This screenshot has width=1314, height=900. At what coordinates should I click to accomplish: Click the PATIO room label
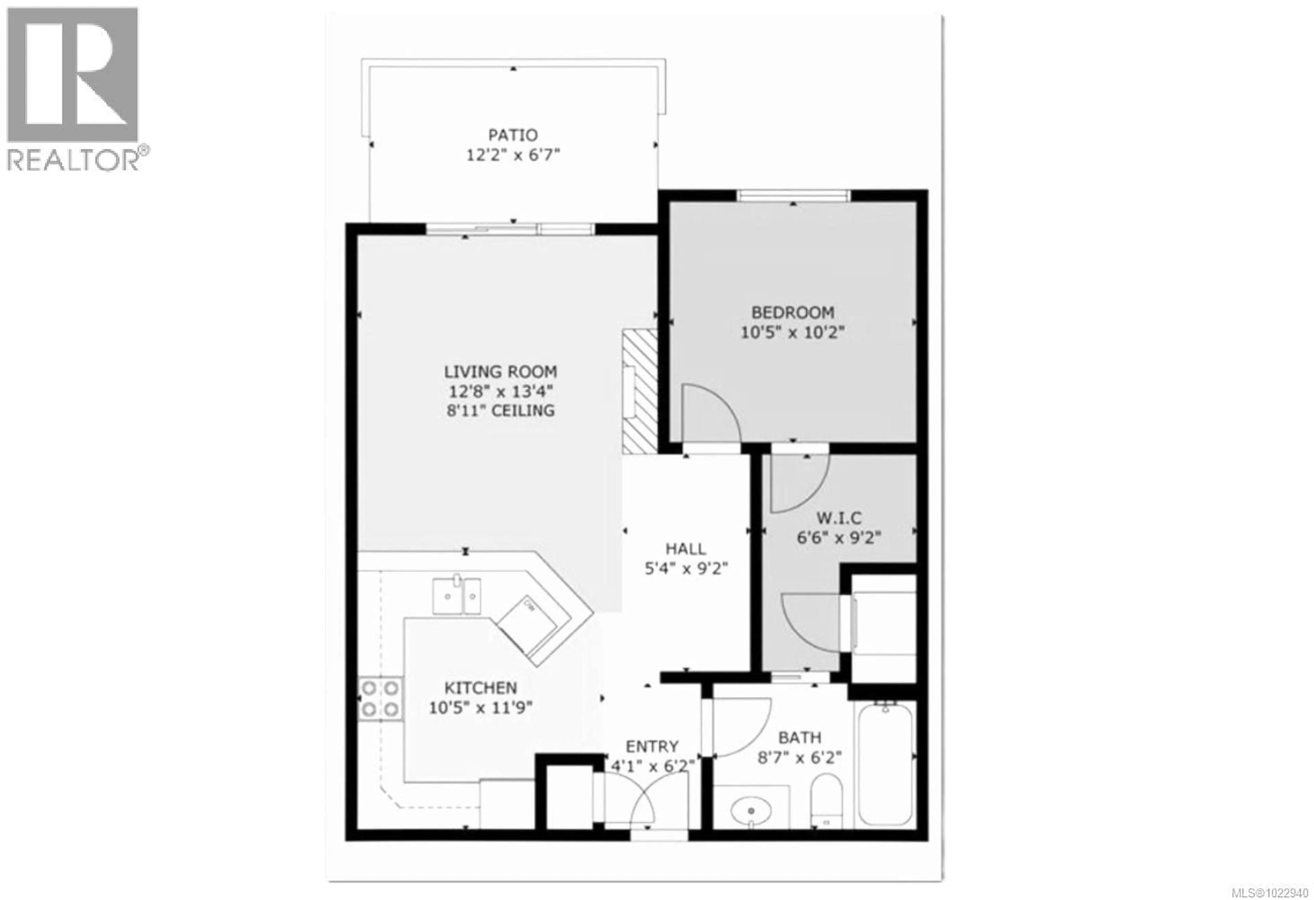[x=513, y=135]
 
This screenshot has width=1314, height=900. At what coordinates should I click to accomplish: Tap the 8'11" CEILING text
[x=500, y=410]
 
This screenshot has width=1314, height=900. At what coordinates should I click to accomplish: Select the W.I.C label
[x=839, y=518]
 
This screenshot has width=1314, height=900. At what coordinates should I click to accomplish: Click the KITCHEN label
[x=480, y=688]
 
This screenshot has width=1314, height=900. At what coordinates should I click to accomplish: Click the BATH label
[x=799, y=738]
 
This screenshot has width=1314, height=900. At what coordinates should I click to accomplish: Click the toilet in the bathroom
[x=826, y=801]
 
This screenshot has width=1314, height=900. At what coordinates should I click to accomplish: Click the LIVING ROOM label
[x=500, y=372]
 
